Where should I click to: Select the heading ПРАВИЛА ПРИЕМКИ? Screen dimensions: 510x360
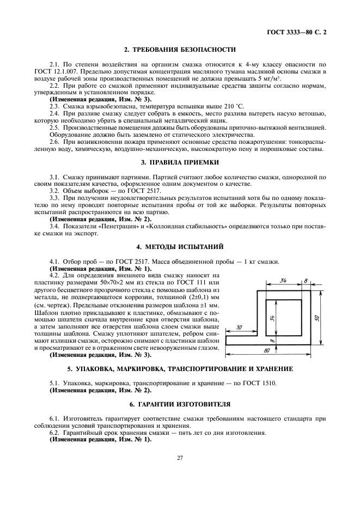(180, 163)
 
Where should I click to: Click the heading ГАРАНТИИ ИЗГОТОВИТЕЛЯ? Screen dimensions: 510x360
(180, 404)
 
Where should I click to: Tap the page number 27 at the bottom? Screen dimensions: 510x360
(180, 458)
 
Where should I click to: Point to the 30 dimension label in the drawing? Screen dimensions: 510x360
(240, 327)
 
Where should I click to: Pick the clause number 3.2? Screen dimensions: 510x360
(54, 190)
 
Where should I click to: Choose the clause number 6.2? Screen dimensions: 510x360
(54, 433)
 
